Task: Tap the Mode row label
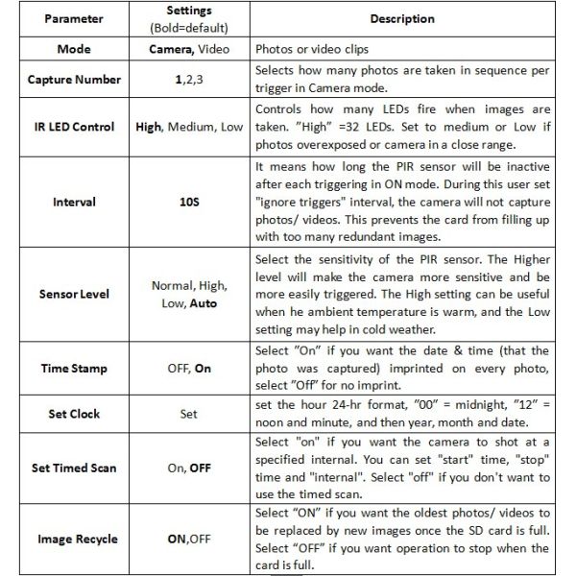pos(74,47)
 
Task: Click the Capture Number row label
pos(74,80)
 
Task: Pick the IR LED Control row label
pos(74,126)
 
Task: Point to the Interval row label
pos(74,204)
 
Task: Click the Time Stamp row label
pos(74,368)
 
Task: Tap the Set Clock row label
pos(74,414)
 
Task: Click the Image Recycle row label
pos(74,539)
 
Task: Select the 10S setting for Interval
pos(189,204)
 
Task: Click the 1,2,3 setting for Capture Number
pos(189,80)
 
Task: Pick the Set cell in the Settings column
pos(189,414)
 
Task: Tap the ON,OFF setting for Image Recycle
pos(189,539)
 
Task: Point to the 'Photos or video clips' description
pos(311,47)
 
